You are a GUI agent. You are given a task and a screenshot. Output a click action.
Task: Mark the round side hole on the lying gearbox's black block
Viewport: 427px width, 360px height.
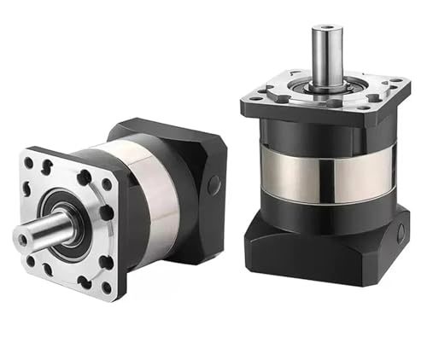tap(213, 183)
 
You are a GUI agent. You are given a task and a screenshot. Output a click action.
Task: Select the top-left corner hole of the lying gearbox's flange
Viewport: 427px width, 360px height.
tap(29, 162)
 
